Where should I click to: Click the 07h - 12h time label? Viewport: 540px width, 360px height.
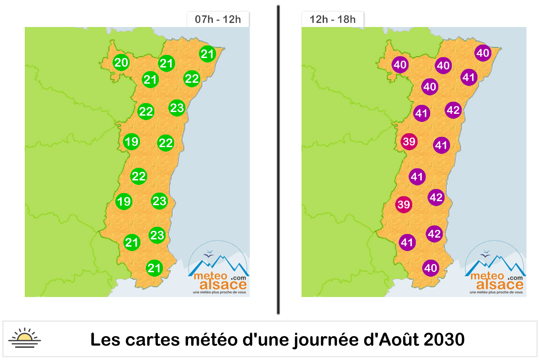[218, 20]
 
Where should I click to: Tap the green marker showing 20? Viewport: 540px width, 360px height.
[121, 63]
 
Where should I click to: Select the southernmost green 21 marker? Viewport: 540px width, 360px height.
[154, 268]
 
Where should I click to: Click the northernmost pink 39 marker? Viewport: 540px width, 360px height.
[409, 142]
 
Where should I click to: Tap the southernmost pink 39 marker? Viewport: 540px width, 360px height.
[404, 205]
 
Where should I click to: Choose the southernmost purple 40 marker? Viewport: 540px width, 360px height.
[431, 268]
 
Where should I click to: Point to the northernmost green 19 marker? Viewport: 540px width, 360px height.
[131, 142]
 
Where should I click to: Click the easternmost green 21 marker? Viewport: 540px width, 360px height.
[207, 54]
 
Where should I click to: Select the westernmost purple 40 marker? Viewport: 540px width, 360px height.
[400, 65]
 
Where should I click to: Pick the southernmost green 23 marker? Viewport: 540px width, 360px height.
[157, 235]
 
